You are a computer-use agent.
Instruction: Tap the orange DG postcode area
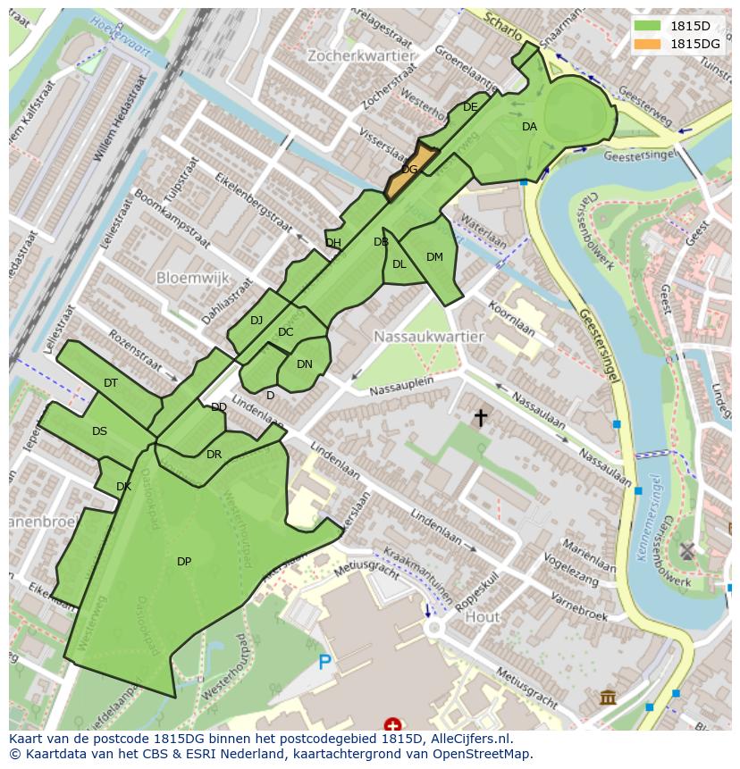409,170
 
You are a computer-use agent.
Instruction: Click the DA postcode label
529,127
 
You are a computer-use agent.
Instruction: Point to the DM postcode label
434,257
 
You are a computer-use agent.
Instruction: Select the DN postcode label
305,364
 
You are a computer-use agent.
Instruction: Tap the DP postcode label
184,562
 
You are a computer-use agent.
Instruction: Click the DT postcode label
111,383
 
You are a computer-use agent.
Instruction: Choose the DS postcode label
99,431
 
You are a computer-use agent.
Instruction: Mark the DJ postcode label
256,321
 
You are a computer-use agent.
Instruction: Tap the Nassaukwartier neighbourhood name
429,337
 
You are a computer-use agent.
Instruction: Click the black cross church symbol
481,417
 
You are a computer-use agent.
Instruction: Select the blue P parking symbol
325,662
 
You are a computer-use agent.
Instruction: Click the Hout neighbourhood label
483,617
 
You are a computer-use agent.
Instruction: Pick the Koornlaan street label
512,317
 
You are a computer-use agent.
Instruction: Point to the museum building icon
608,697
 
